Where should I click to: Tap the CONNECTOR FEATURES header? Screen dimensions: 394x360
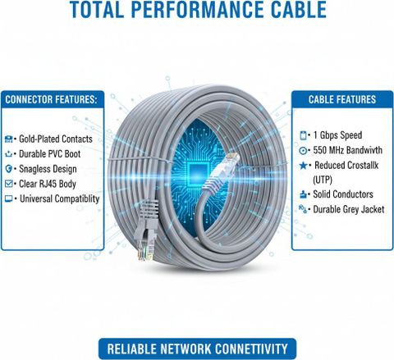[51, 99]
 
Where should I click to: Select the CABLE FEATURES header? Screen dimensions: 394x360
[342, 99]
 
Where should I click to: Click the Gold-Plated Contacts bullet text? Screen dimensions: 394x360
[56, 139]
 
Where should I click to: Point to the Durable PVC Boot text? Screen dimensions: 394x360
[49, 154]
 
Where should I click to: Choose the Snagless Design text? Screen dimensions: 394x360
[48, 169]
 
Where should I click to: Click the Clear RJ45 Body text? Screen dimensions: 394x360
[48, 184]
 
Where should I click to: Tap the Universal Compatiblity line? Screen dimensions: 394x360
[59, 199]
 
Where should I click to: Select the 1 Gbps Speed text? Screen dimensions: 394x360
[337, 135]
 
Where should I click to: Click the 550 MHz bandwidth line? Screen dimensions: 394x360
[347, 150]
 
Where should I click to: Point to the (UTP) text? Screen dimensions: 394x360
[323, 180]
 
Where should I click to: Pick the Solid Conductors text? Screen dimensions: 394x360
[343, 194]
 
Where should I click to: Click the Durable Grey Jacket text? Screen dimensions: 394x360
[349, 209]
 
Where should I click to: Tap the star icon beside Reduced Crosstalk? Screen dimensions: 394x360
[303, 166]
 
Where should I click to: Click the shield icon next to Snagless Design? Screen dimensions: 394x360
[9, 169]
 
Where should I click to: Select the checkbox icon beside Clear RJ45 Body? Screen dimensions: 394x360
[9, 184]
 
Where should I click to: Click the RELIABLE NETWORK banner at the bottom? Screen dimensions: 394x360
[197, 349]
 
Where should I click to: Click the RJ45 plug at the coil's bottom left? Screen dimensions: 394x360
[146, 230]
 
